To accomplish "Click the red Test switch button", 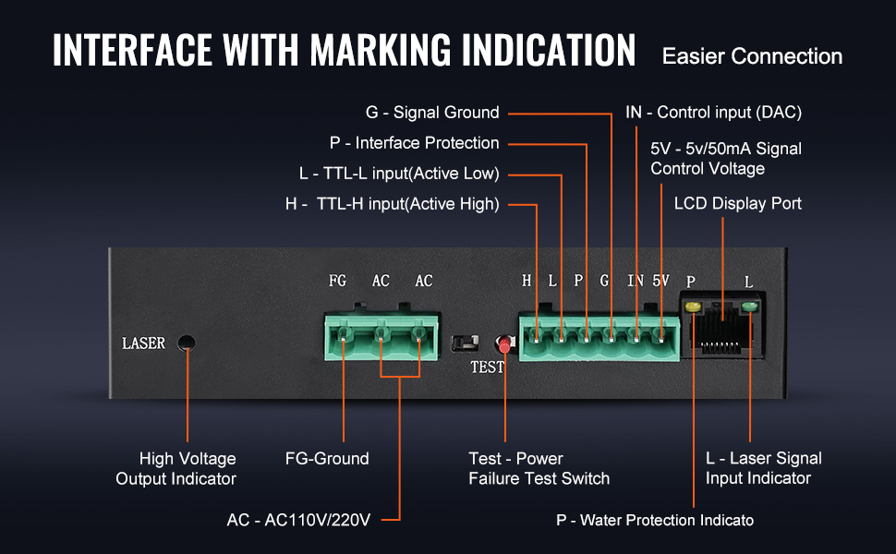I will point(504,345).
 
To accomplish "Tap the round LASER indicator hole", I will point(187,343).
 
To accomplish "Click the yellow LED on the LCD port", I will point(693,307).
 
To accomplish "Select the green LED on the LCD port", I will point(749,307).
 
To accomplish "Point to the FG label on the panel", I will point(338,281).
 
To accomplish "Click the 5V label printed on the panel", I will point(660,281).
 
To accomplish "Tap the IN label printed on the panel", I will point(636,281).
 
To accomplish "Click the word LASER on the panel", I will point(143,343).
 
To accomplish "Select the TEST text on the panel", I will point(487,367).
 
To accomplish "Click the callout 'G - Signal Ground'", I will point(432,113).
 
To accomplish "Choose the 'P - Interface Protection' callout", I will point(414,143).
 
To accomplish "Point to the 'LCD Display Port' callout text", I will point(738,203).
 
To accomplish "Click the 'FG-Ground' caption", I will point(327,459).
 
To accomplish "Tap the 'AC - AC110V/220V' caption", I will point(298,520).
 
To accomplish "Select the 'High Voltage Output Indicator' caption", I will point(176,469).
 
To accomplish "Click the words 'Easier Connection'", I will point(752,56).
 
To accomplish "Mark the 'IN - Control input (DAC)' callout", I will point(713,113).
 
